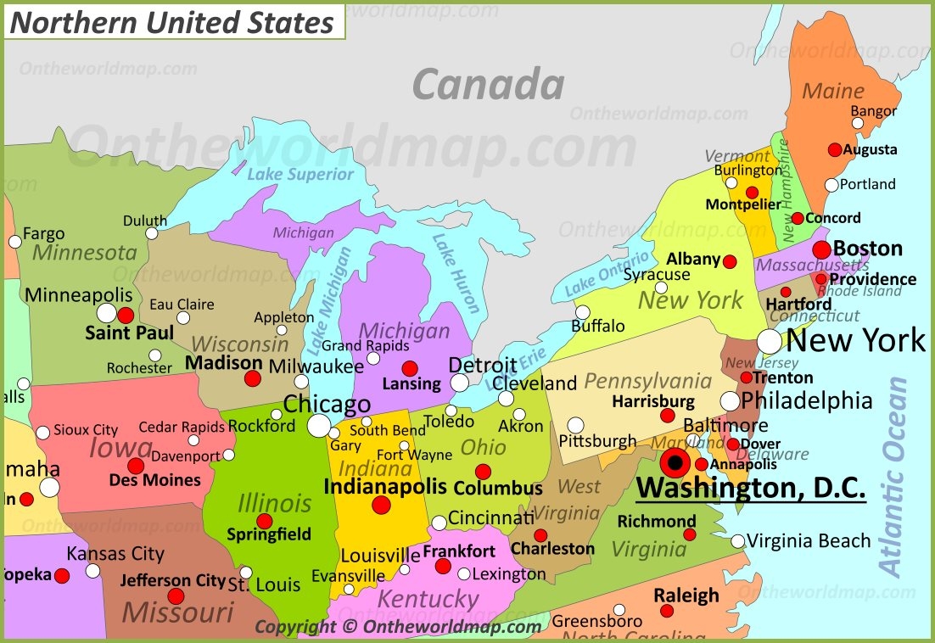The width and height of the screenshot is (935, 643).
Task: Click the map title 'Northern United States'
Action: point(172,22)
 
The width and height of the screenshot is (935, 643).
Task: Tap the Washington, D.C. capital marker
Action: point(675,463)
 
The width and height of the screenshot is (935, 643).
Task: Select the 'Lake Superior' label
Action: point(300,174)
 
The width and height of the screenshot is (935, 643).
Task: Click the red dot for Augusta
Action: point(835,149)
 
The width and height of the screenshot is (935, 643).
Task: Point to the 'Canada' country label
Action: point(488,85)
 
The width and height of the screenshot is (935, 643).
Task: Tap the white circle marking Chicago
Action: point(319,425)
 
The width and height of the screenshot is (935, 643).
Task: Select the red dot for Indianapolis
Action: point(381,506)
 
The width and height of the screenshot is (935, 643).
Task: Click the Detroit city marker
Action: point(459,383)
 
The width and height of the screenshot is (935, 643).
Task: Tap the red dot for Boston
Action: point(821,249)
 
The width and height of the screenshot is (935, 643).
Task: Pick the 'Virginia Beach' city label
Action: point(809,540)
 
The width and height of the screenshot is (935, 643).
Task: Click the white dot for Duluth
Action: point(151,233)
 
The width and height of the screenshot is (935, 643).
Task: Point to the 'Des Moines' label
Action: point(155,480)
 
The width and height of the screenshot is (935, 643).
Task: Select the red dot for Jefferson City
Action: point(176,596)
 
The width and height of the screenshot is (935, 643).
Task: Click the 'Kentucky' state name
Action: point(428,598)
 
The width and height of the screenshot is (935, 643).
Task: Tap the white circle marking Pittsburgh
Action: point(575,425)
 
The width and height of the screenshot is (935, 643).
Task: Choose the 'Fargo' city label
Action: point(43,233)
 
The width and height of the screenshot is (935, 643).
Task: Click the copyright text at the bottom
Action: point(398,627)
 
